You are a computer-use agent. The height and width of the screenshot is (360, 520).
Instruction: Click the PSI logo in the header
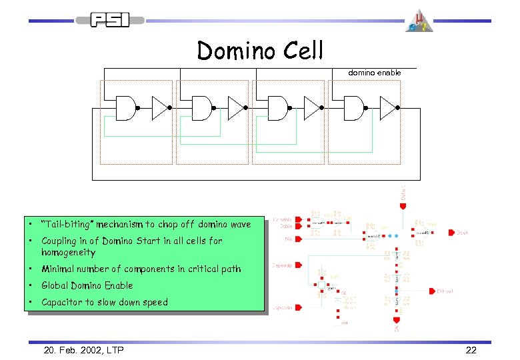point(111,21)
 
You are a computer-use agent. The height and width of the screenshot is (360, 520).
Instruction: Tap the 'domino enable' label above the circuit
point(375,72)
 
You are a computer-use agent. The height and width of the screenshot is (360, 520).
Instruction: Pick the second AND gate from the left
point(201,107)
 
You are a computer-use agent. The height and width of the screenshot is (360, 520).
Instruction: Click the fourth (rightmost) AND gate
point(353,107)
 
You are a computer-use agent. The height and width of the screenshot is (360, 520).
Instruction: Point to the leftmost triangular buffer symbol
point(161,107)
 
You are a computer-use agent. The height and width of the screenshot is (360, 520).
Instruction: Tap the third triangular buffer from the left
point(312,107)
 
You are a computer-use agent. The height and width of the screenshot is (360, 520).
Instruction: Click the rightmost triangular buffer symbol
point(388,107)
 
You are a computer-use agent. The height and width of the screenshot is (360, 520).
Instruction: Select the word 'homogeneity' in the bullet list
point(68,253)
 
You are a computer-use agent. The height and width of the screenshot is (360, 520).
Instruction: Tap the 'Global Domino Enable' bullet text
point(87,285)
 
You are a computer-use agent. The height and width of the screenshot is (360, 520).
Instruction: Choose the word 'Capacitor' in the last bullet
point(62,302)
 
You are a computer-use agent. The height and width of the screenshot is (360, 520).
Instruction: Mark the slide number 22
point(471,349)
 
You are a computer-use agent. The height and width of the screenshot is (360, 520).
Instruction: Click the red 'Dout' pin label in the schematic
point(462,233)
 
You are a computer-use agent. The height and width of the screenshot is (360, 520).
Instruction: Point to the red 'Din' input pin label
point(288,237)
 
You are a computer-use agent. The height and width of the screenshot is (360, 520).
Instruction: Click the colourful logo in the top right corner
point(420,21)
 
